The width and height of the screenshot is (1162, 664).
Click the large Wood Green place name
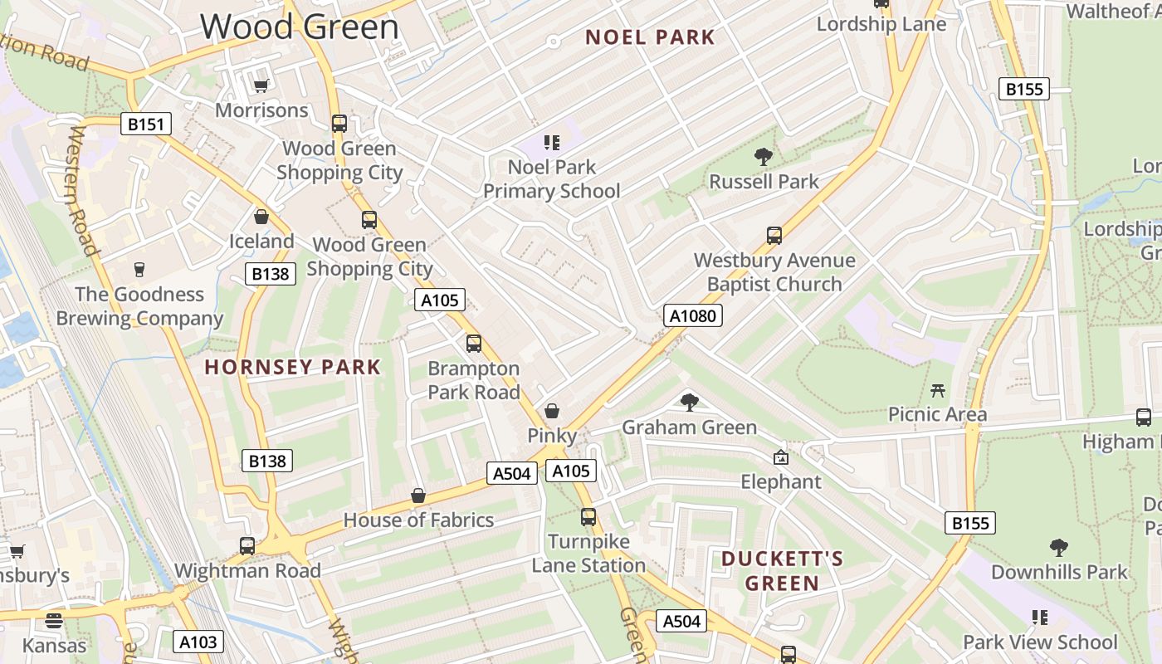(300, 27)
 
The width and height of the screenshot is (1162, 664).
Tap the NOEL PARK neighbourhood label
(650, 37)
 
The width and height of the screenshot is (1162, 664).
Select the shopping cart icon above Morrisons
(261, 85)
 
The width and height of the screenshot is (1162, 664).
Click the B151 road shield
(146, 124)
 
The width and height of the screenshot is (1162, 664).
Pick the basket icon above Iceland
(261, 217)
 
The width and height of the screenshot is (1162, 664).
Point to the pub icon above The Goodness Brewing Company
(139, 270)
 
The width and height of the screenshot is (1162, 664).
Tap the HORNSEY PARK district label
(293, 367)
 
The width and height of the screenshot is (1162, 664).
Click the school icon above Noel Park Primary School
(552, 143)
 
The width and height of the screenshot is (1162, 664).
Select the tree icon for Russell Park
(764, 157)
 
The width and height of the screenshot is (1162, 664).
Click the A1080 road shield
(693, 315)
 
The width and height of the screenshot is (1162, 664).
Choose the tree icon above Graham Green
(689, 403)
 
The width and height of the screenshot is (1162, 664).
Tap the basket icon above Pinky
(552, 412)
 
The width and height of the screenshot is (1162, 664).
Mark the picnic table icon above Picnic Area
(938, 390)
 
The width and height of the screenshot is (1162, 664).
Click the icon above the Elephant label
(781, 457)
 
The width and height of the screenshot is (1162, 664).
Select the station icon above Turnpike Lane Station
(588, 517)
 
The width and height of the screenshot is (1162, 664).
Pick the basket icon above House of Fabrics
(419, 496)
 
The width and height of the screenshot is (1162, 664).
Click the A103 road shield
(198, 642)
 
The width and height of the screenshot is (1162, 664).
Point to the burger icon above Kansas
(54, 621)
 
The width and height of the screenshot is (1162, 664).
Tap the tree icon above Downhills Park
(1058, 548)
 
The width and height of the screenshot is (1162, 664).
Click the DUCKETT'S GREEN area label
(782, 571)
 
